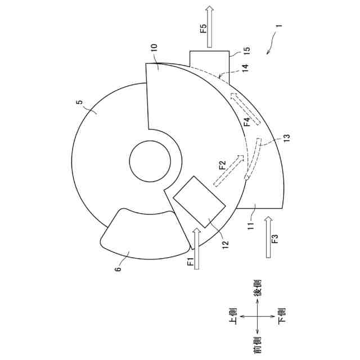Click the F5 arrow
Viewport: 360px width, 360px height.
[209, 27]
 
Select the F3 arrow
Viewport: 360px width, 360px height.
[269, 237]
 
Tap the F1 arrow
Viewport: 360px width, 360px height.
[196, 249]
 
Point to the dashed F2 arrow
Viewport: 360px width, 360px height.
[228, 170]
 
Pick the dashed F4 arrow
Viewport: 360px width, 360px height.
[246, 109]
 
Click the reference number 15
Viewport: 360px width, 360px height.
[246, 51]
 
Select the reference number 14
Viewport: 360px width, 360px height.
[245, 68]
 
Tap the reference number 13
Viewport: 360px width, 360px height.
[287, 138]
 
